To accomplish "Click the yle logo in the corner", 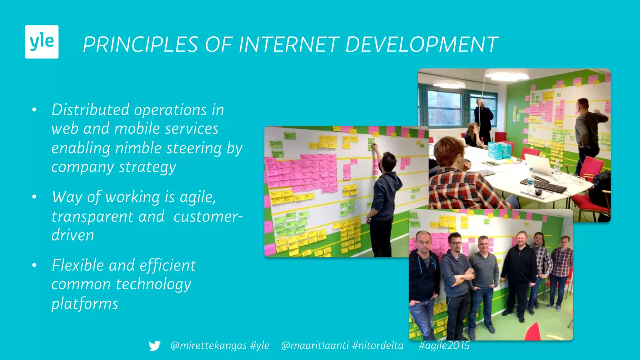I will (42, 42).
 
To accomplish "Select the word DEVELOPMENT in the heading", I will (422, 44).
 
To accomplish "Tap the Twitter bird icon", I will (155, 346).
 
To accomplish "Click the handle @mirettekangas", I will (208, 346).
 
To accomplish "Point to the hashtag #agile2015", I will (444, 346).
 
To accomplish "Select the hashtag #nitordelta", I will (377, 346).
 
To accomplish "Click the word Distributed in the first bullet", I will (90, 110).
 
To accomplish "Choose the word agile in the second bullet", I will (197, 197).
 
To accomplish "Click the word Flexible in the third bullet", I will (77, 266).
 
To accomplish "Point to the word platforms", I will (85, 304).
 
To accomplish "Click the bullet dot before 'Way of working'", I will (34, 197).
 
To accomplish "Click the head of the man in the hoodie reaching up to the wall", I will (388, 161).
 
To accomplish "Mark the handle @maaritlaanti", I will (315, 346).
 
